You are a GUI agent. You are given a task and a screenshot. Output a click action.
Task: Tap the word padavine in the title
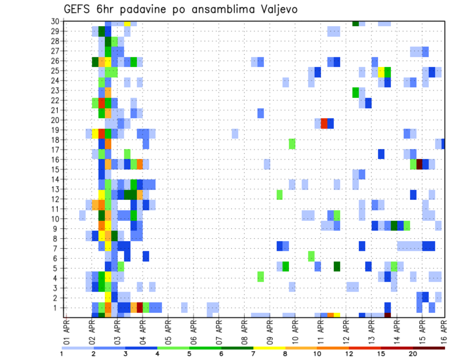[152, 9]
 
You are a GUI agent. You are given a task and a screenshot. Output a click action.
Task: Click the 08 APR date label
[245, 331]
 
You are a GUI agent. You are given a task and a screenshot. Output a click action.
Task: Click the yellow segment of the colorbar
[269, 348]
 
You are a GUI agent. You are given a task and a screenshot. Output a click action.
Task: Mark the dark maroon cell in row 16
[419, 164]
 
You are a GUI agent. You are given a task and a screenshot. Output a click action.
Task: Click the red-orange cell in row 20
[324, 123]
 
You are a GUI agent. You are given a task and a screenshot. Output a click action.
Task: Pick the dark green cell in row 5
[337, 266]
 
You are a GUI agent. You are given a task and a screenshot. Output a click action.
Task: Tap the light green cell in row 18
[292, 144]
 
